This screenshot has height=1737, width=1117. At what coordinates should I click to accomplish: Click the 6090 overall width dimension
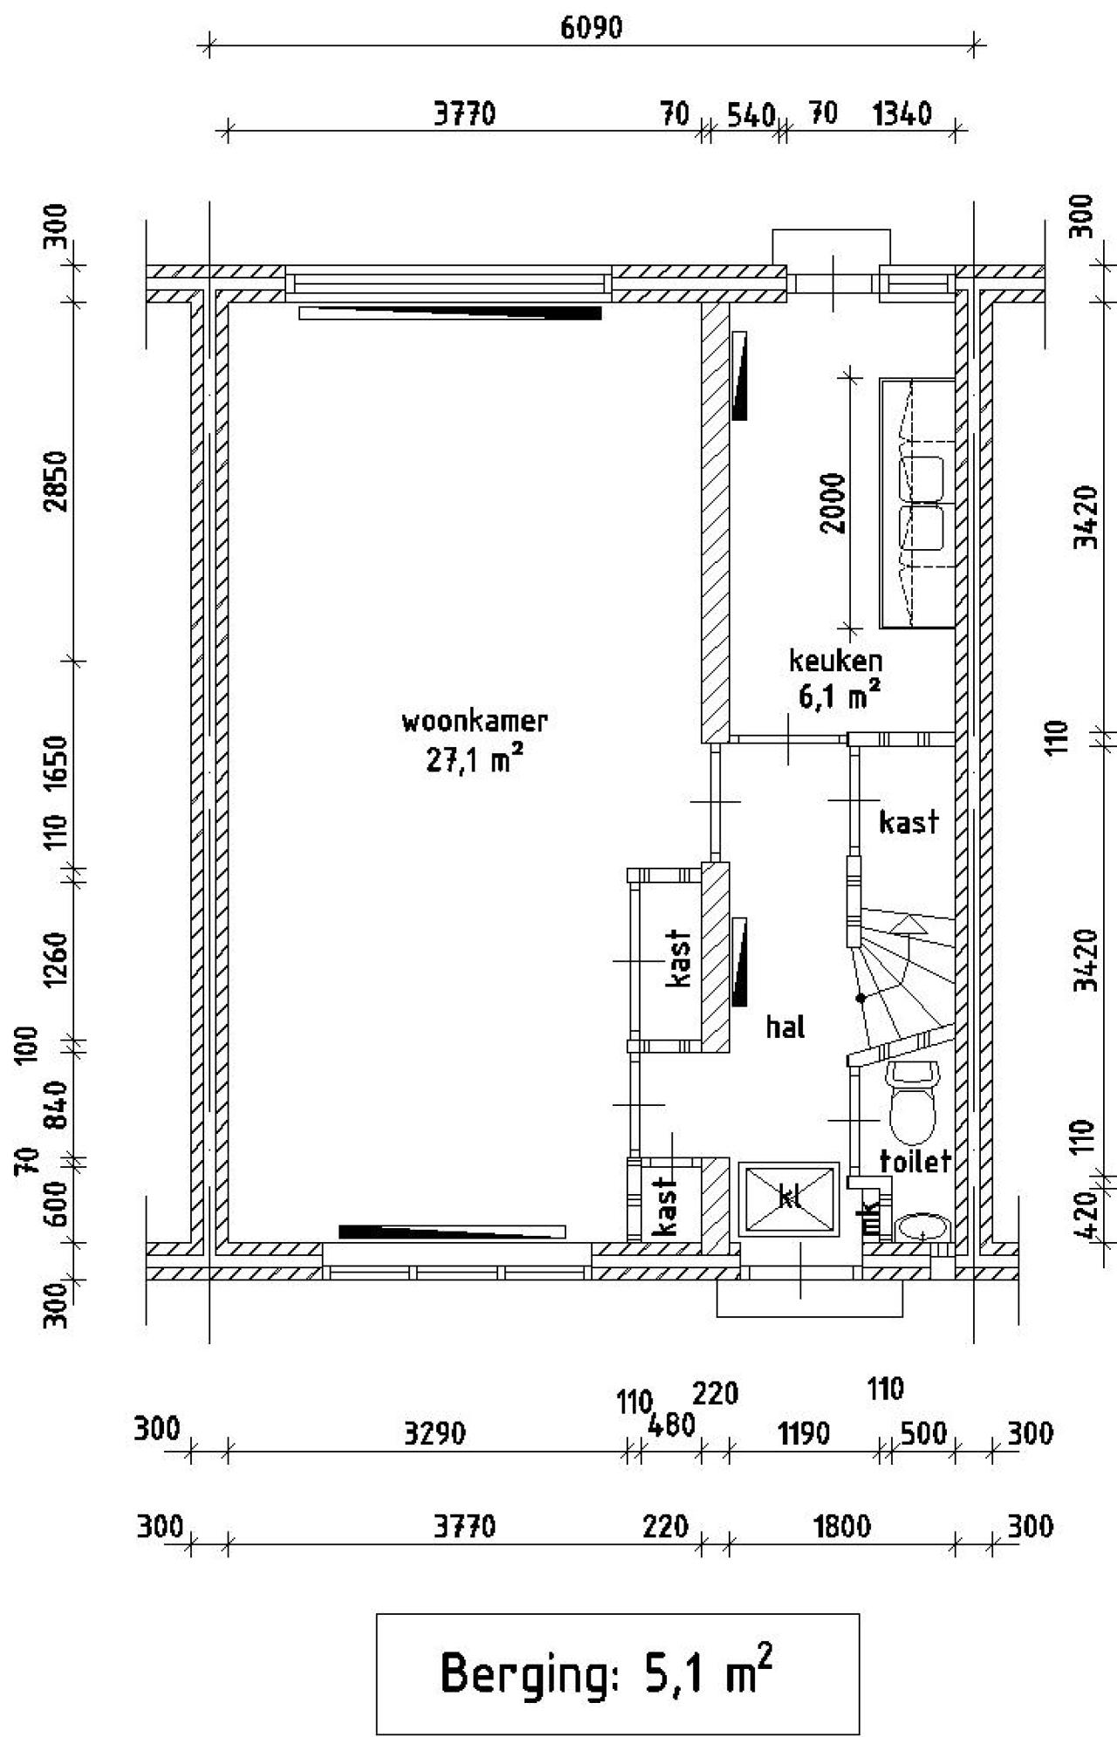(591, 28)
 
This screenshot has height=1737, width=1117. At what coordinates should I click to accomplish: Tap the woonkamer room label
(475, 722)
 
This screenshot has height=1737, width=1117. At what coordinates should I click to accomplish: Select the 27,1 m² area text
(475, 760)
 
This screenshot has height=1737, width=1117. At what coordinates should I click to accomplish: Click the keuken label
(835, 661)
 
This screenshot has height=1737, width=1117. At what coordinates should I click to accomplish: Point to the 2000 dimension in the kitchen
(833, 503)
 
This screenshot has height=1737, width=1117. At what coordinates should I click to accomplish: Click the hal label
(785, 1027)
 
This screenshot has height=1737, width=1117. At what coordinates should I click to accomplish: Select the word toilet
(915, 1161)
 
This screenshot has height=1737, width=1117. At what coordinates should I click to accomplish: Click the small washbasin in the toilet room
(923, 1228)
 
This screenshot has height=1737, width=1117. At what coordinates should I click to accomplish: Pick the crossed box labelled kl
(789, 1198)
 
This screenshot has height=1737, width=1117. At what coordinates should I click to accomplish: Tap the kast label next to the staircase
(908, 822)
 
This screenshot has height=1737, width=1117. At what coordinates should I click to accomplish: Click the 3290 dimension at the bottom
(434, 1433)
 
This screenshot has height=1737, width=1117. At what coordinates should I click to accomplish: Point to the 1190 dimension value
(803, 1433)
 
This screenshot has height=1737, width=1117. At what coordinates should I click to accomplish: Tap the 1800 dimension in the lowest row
(841, 1527)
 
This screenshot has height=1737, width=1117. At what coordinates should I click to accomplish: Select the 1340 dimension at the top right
(901, 114)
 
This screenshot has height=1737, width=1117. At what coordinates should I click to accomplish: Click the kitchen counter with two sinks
(917, 504)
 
